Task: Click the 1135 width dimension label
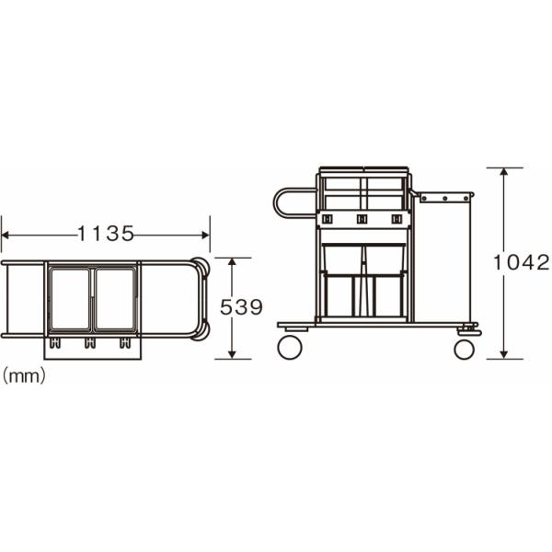106,234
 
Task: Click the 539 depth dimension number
241,307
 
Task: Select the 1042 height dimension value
521,262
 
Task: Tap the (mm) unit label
24,376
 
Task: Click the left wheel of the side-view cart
290,347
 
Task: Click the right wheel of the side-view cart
465,350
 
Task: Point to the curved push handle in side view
278,203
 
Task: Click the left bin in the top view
71,299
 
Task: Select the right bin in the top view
115,299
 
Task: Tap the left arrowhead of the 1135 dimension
5,235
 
